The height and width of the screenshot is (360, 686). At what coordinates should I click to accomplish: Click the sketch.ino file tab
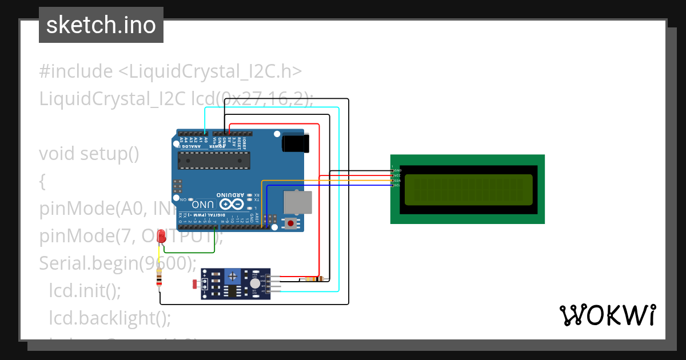pos(101,25)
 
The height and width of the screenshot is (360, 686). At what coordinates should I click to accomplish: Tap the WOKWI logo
pos(607,315)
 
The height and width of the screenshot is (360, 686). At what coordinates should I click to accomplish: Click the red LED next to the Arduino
pos(162,236)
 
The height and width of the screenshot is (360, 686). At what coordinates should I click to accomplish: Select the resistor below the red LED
pos(159,279)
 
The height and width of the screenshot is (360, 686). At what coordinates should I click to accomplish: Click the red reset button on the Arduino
pos(292,223)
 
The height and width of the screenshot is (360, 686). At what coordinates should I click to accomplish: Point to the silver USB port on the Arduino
pos(298,202)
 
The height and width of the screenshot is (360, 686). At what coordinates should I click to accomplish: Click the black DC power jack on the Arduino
pos(296,143)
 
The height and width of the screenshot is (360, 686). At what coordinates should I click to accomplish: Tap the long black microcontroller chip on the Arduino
pos(213,161)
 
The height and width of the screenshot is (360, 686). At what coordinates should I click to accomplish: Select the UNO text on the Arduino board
pos(204,204)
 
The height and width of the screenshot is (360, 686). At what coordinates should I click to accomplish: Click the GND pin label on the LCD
pos(397,170)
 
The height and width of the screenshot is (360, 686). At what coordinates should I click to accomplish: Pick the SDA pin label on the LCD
pos(397,181)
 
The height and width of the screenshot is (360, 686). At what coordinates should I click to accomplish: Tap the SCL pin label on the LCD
pos(397,185)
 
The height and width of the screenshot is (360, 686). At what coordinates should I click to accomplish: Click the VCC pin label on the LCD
pos(397,175)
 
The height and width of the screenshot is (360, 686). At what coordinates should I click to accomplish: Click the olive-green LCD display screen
pos(468,190)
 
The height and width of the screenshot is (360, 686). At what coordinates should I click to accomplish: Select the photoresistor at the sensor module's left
pos(196,284)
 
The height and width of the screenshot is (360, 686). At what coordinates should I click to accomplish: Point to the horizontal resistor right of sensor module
pos(313,279)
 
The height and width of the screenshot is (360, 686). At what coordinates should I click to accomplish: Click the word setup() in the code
pos(109,154)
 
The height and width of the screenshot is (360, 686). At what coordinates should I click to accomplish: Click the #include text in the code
pos(76,71)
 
